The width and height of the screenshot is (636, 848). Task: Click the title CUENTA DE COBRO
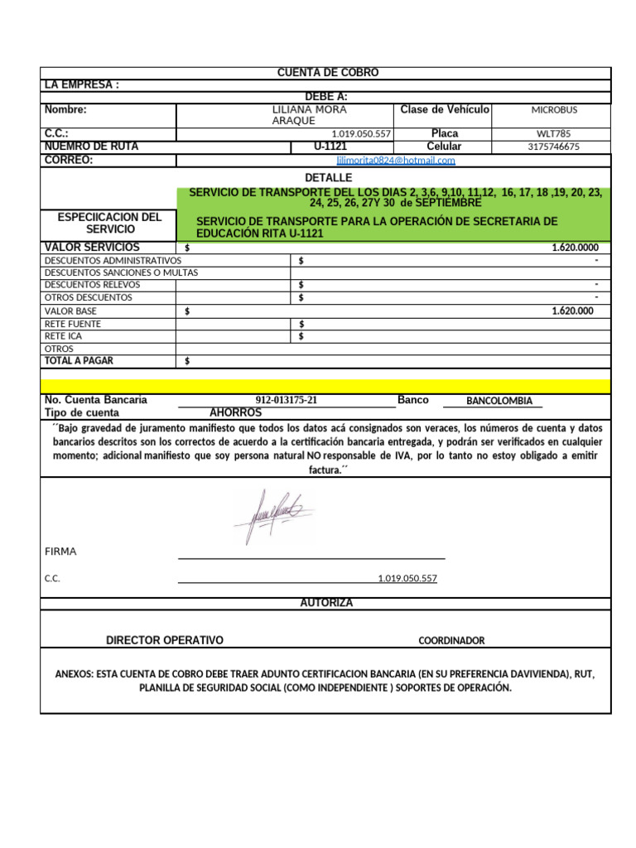pos(327,73)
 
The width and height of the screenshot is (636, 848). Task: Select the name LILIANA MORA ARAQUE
pos(310,115)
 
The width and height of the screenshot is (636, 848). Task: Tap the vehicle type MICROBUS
pos(554,110)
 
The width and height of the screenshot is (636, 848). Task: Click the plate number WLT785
pos(553,133)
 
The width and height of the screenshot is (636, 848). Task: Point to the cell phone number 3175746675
pos(553,147)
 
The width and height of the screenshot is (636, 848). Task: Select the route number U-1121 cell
pos(330,147)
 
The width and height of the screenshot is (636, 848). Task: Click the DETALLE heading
pos(328,178)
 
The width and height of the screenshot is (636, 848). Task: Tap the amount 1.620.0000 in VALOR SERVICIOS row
pos(575,248)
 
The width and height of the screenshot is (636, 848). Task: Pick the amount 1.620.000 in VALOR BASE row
pos(572,311)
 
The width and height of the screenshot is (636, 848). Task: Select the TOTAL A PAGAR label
pos(79,360)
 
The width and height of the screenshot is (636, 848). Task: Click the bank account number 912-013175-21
pos(287,400)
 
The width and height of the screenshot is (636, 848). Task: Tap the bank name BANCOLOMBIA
pos(499,401)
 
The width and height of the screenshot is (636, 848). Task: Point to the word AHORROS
pos(235,412)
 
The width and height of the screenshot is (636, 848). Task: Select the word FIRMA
pos(60,552)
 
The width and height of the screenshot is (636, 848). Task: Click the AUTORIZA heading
pos(326,603)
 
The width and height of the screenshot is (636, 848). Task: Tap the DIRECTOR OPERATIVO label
pos(165,640)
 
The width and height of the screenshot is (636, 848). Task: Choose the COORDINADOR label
pos(451,640)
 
